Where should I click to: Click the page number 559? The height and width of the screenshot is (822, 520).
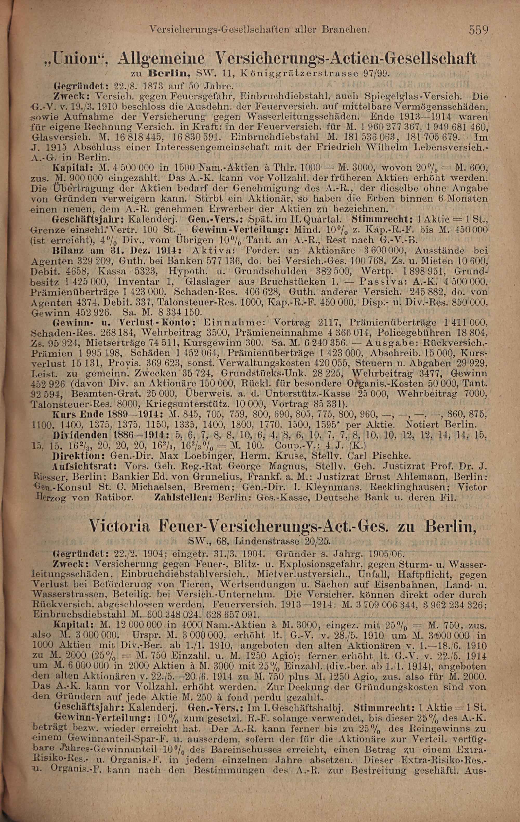(479, 30)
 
